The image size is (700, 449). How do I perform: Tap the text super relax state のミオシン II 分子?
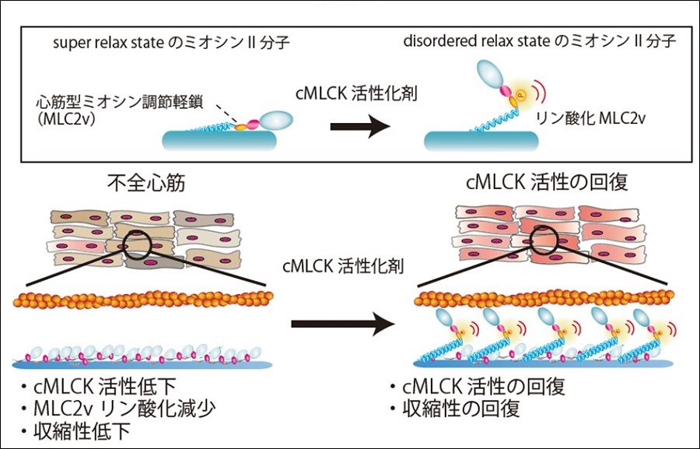pyautogui.click(x=145, y=40)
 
